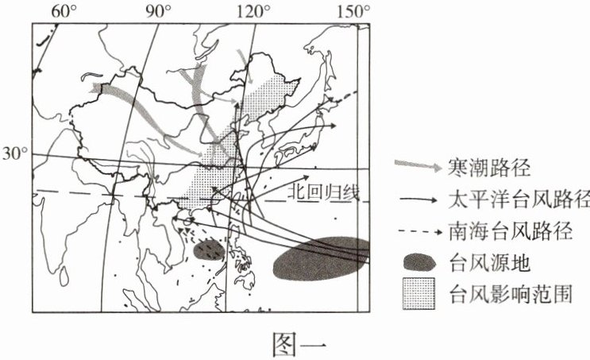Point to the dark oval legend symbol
pos(419,261)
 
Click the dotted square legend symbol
pos(418,291)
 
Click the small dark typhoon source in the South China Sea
pos(208,250)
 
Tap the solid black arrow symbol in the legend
pos(416,199)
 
